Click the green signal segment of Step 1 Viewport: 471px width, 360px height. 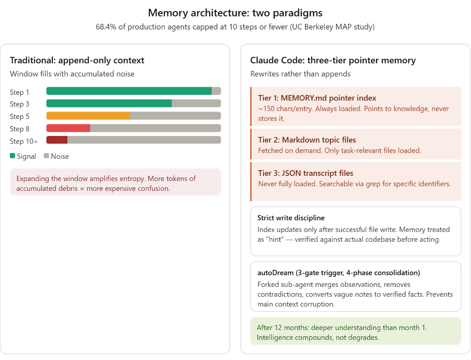[x=129, y=91]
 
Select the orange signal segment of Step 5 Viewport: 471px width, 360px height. [x=88, y=116]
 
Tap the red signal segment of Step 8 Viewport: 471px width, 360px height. [x=68, y=128]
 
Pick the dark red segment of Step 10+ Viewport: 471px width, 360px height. [x=57, y=140]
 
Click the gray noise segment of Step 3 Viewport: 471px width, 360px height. [x=196, y=103]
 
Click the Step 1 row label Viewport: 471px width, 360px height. [x=20, y=92]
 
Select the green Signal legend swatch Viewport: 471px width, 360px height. [x=12, y=156]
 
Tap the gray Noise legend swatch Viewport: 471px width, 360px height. [x=46, y=156]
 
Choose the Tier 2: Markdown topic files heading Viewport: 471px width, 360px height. [x=307, y=140]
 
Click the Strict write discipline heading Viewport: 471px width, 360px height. [x=291, y=218]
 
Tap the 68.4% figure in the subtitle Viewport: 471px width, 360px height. [x=106, y=27]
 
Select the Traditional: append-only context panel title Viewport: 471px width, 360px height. [x=77, y=61]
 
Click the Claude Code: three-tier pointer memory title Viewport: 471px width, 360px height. [x=333, y=61]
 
